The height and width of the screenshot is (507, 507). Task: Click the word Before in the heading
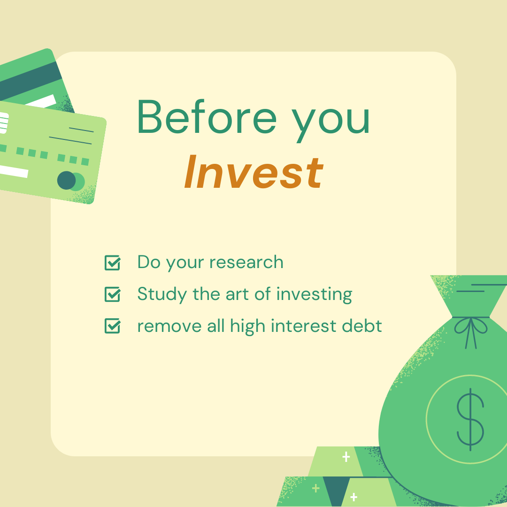pos(207,116)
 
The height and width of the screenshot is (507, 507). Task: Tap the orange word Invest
pos(254,172)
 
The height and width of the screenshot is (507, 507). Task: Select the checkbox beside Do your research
pos(113,262)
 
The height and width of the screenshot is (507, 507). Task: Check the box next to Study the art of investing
pos(113,294)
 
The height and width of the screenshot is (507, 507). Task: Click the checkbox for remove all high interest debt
pos(113,326)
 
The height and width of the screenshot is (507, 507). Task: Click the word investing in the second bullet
pos(314,295)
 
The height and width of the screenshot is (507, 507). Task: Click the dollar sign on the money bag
pos(470,419)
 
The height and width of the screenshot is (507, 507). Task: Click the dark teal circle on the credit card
pos(66,180)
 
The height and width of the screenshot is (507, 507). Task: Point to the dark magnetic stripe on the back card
pos(29,81)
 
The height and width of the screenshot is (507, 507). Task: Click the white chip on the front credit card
pos(4,123)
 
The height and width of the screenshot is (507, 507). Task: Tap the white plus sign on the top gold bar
pos(346,457)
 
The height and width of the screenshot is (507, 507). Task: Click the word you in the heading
pos(331,121)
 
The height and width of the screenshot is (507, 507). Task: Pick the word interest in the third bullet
pos(304,326)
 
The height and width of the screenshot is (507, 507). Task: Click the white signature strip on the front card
pos(13,171)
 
